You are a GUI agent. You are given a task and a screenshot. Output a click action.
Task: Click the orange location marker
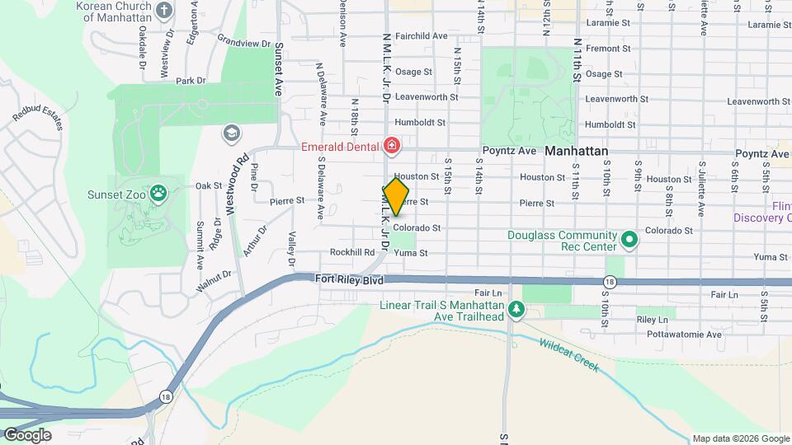click(396, 197)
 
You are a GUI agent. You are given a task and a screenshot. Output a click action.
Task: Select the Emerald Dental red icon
click(392, 148)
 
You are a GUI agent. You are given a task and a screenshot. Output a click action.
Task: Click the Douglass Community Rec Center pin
click(629, 240)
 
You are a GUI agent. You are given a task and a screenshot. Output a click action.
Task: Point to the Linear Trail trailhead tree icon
click(516, 311)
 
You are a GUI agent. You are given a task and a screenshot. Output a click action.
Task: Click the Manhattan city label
click(577, 152)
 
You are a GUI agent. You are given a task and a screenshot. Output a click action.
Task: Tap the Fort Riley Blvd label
click(350, 280)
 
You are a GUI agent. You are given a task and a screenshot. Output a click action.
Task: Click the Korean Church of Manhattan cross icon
click(164, 11)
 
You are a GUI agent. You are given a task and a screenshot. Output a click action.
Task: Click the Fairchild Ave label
click(421, 36)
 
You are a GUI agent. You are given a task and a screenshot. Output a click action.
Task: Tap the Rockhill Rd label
click(352, 252)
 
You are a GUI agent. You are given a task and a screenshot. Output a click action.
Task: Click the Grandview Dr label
click(244, 40)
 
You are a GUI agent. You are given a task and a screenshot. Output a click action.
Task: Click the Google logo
click(27, 434)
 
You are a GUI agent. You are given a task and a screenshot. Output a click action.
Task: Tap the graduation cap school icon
click(231, 133)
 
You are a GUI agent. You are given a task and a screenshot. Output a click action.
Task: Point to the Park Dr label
click(190, 81)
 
